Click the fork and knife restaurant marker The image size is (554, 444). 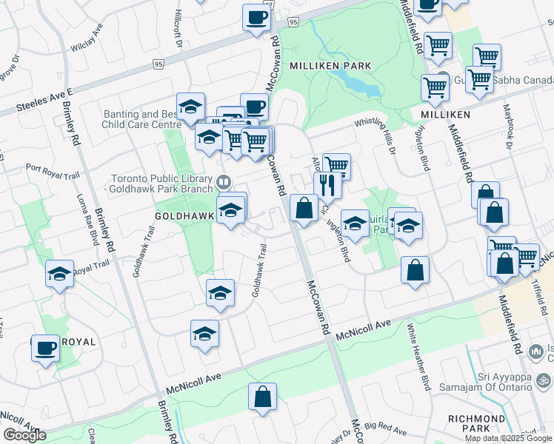click(327, 185)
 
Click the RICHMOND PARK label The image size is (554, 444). click(477, 423)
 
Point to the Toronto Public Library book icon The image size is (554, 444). click(223, 181)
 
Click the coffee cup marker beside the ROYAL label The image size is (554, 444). click(45, 347)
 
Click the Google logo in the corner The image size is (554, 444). click(24, 435)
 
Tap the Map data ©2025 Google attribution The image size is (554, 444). click(508, 438)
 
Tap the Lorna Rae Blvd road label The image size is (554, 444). click(93, 226)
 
